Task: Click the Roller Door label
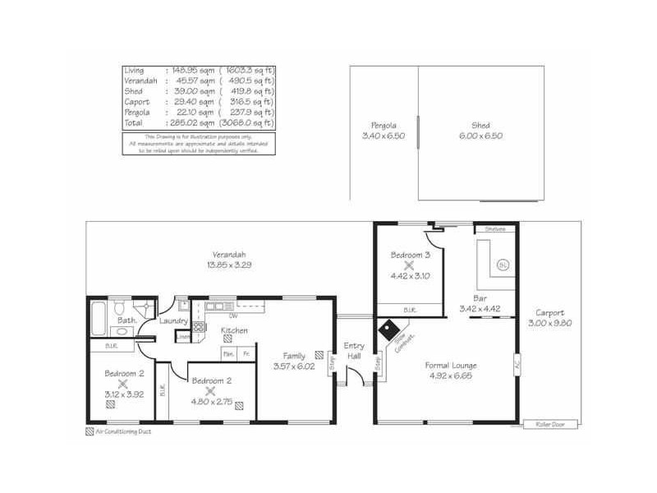550,424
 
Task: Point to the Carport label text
549,312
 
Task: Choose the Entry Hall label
354,350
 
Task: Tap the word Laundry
174,320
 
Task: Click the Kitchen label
235,330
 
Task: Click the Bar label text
480,298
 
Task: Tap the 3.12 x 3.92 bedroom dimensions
123,394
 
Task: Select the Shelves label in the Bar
494,228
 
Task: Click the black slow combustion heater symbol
384,327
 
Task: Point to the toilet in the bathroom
120,307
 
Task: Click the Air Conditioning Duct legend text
123,431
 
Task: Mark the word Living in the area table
134,71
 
